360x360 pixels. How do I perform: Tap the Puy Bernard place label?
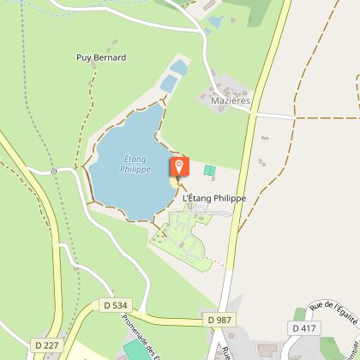(101, 58)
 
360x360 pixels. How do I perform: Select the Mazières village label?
(230, 100)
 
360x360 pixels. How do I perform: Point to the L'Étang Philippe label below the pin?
(214, 198)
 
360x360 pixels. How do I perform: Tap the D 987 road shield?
(219, 319)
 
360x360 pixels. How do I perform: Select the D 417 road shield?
(303, 327)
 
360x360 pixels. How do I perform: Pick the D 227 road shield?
(46, 345)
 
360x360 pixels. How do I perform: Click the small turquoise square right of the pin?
(208, 170)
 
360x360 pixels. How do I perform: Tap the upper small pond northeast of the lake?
(178, 66)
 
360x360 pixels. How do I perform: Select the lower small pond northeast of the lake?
(169, 83)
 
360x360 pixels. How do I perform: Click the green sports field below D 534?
(135, 351)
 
